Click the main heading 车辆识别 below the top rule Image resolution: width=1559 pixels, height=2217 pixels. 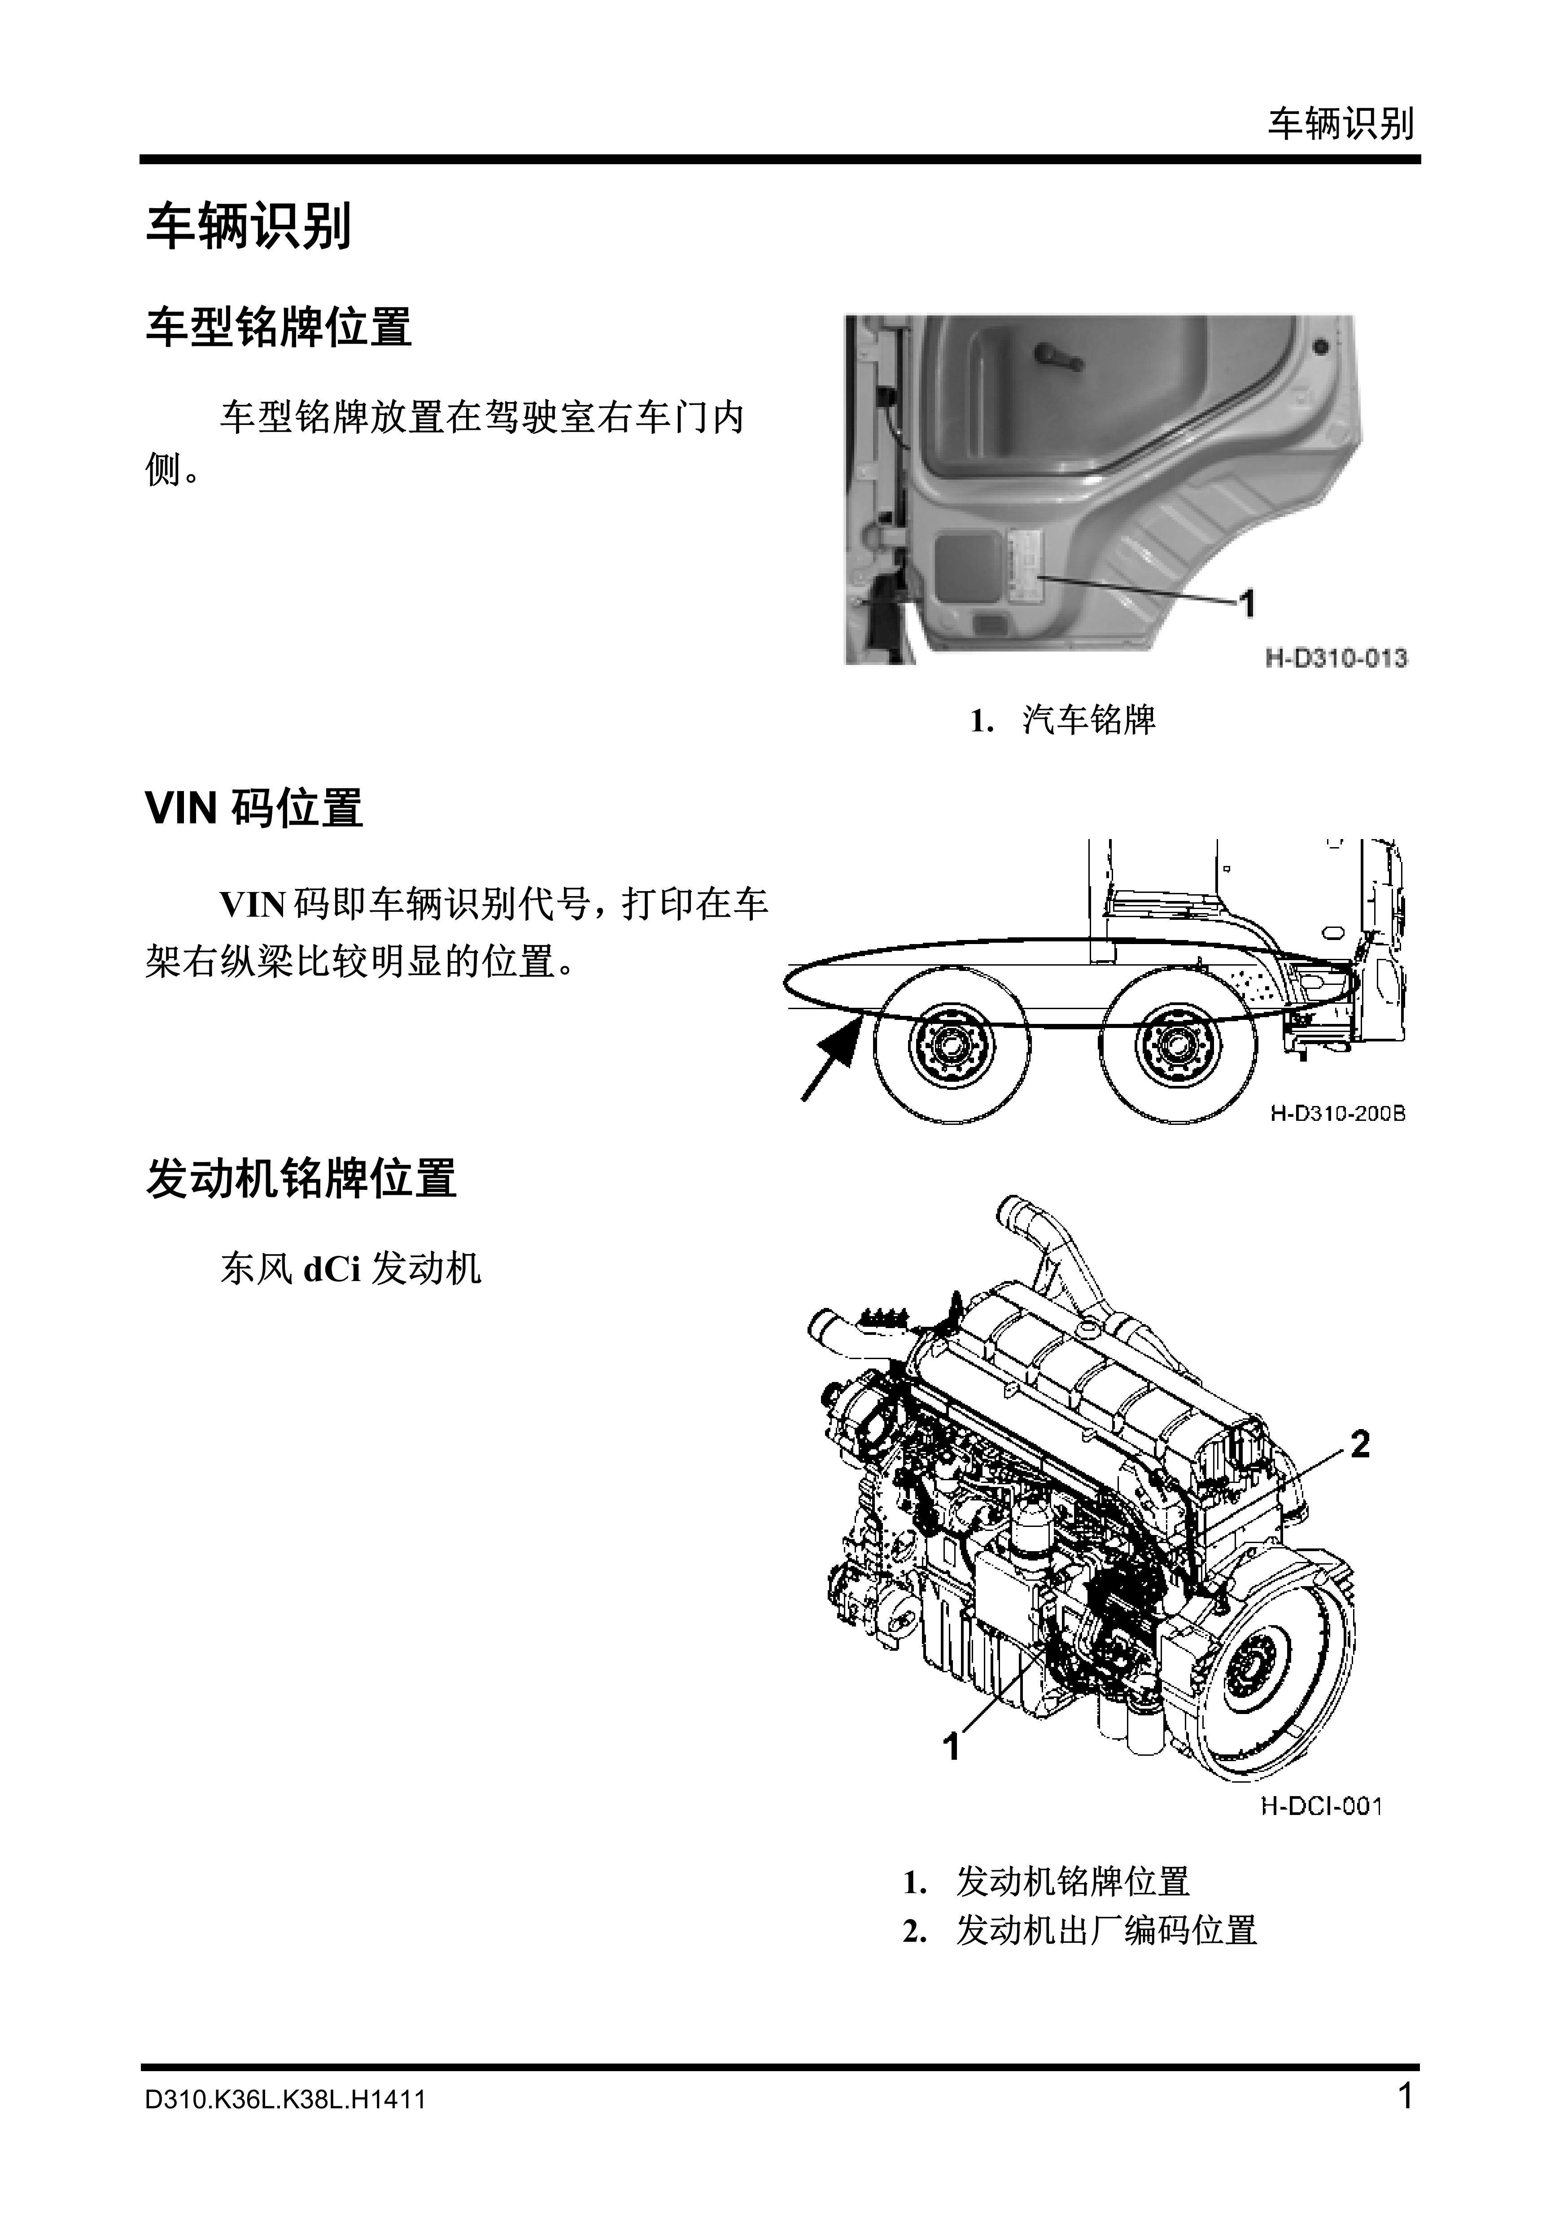click(x=248, y=227)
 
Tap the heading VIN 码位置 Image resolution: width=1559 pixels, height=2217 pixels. click(x=254, y=807)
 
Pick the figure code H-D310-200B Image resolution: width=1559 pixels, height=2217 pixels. click(x=1337, y=1113)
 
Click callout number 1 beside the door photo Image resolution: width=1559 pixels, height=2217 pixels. click(x=1247, y=603)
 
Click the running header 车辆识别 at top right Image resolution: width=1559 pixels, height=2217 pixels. click(x=1341, y=123)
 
